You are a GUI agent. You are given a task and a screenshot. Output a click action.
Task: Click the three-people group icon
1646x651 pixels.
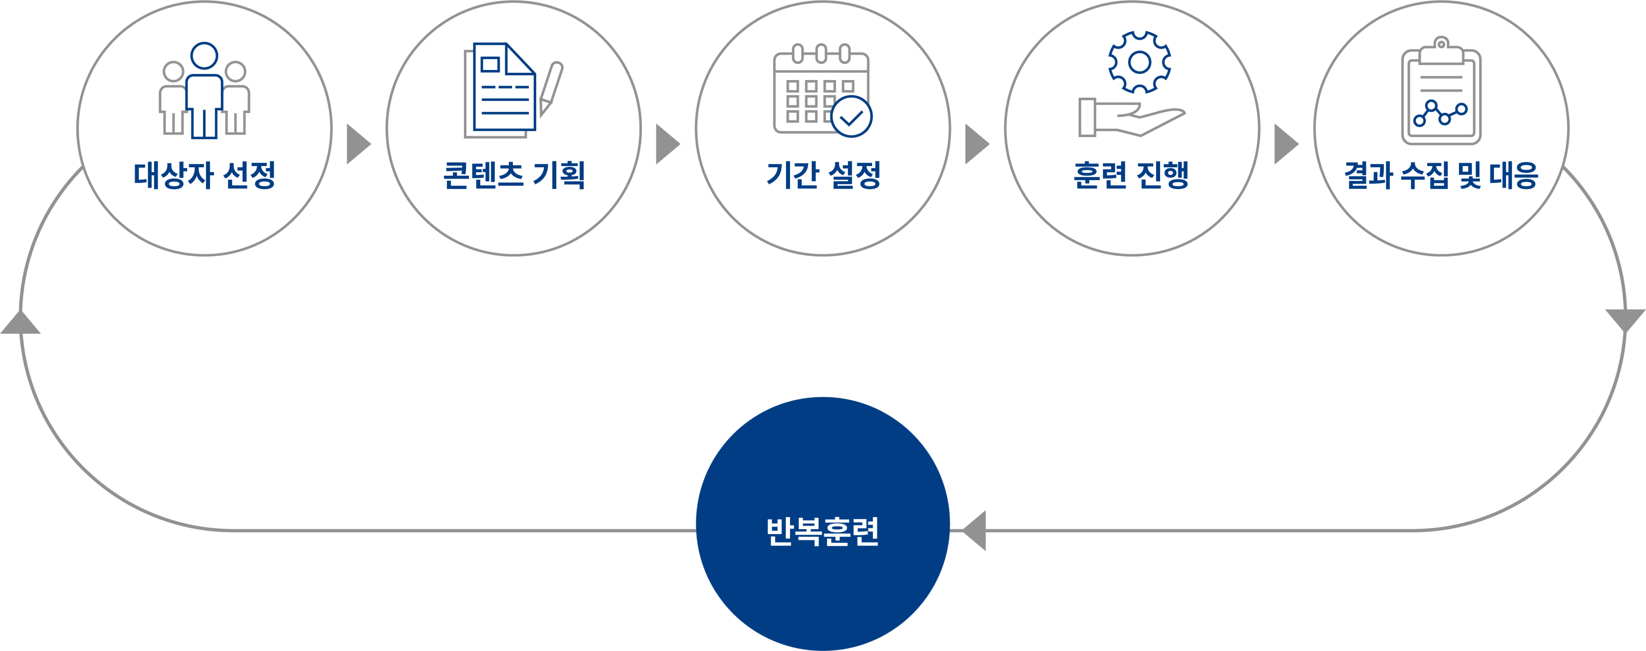point(205,91)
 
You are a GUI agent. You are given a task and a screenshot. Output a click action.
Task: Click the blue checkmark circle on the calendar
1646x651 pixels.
point(852,117)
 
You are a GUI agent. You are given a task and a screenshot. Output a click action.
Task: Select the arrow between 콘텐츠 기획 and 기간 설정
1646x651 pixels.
point(667,144)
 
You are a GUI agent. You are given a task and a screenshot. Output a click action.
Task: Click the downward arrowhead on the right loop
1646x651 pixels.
point(1625,319)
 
